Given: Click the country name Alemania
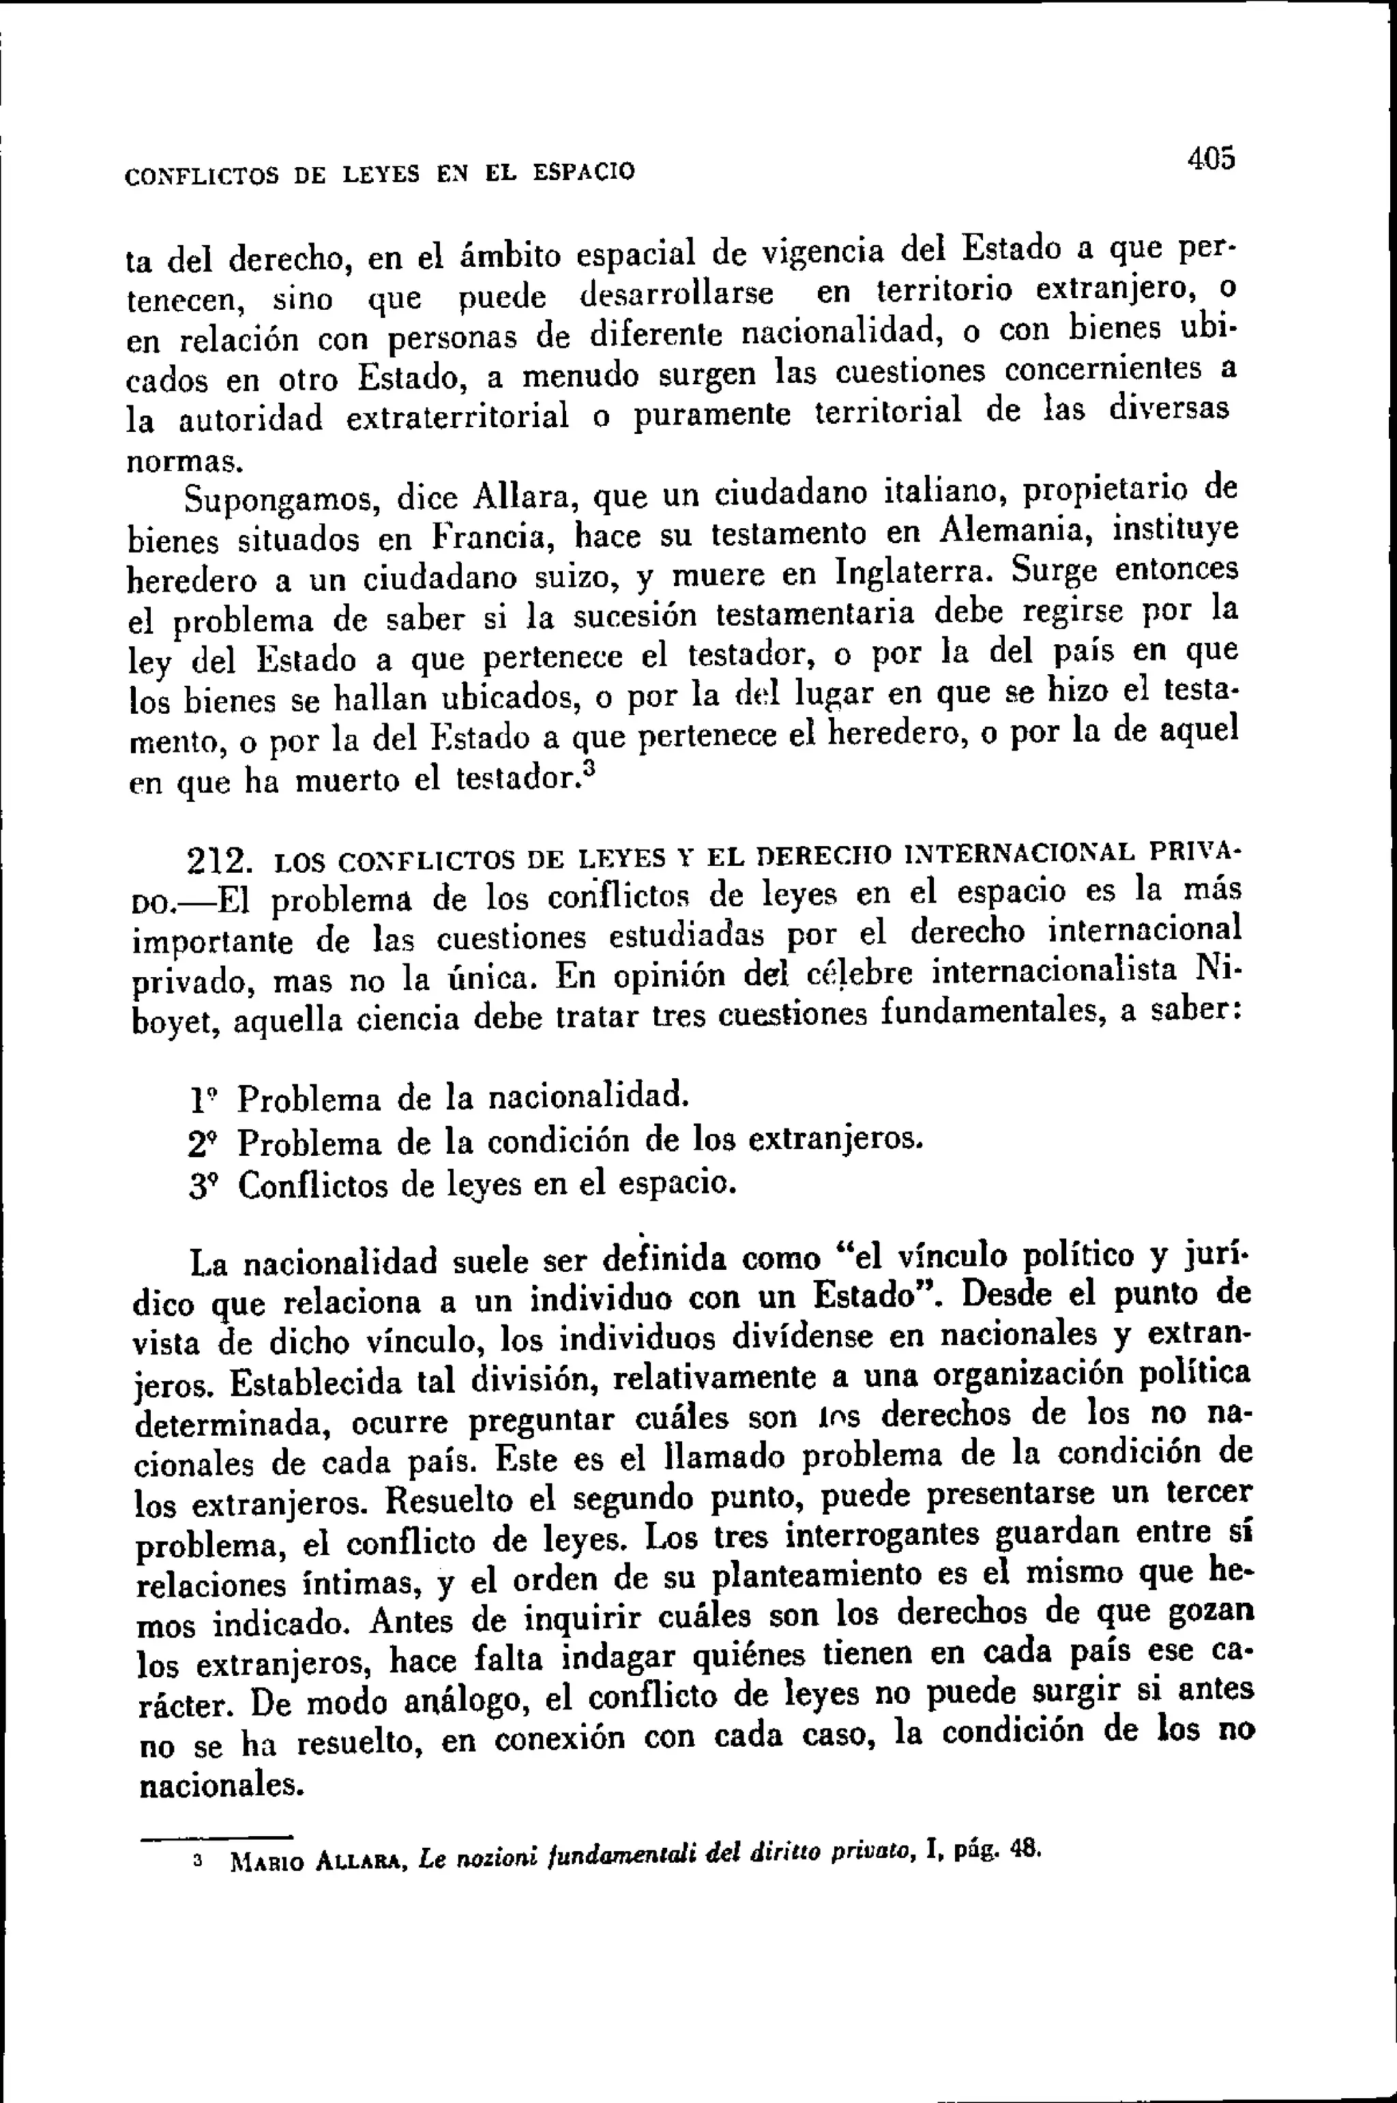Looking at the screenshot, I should (1018, 534).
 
